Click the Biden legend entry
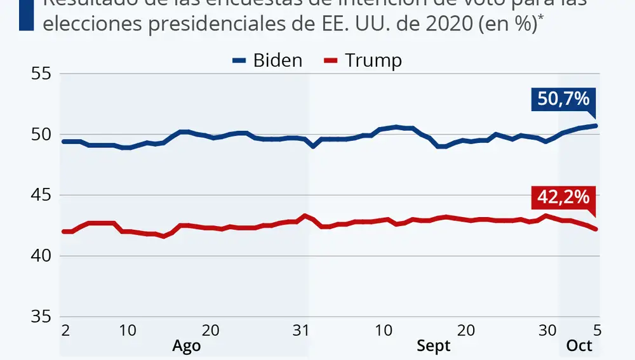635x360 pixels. pyautogui.click(x=267, y=61)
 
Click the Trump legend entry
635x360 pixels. pyautogui.click(x=363, y=61)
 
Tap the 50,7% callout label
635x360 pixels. pyautogui.click(x=563, y=100)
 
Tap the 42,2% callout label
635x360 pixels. pyautogui.click(x=563, y=198)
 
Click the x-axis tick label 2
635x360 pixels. pyautogui.click(x=65, y=330)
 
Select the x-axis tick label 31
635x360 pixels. pyautogui.click(x=301, y=330)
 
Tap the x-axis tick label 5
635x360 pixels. pyautogui.click(x=596, y=330)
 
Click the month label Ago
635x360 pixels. pyautogui.click(x=187, y=346)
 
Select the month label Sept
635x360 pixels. pyautogui.click(x=433, y=346)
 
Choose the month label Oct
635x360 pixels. pyautogui.click(x=579, y=346)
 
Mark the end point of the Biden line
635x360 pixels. pyautogui.click(x=596, y=126)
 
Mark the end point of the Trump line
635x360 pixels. pyautogui.click(x=596, y=229)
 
